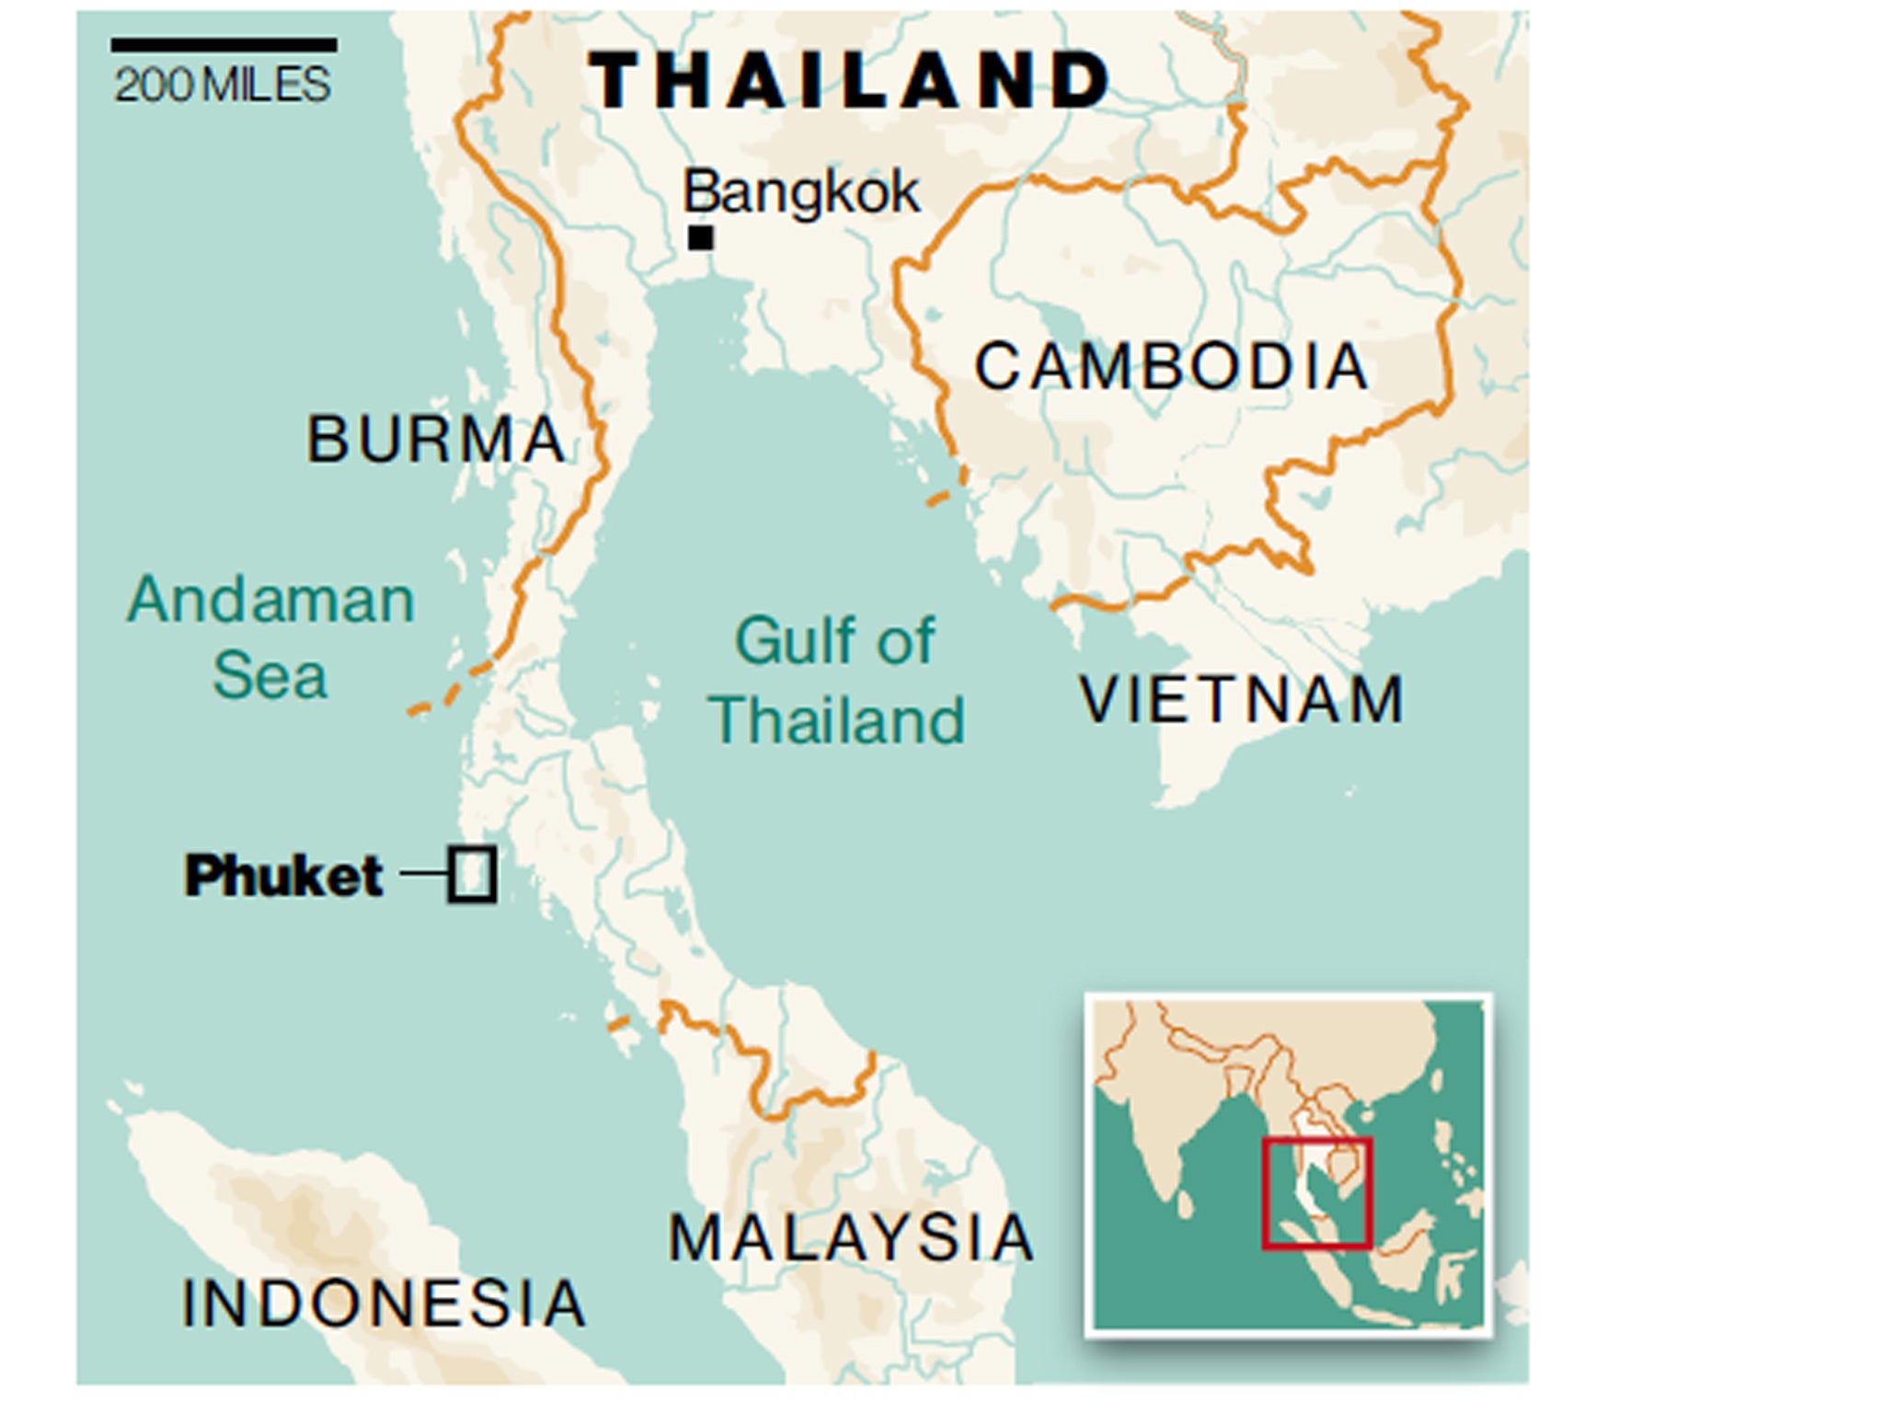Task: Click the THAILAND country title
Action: [x=848, y=80]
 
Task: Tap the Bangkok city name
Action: [x=800, y=193]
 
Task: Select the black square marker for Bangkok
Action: [x=701, y=238]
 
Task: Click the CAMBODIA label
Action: [x=1170, y=366]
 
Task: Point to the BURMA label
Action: [x=435, y=439]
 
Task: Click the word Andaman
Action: [x=270, y=601]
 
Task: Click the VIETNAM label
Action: [x=1242, y=700]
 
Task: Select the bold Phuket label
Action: [x=283, y=875]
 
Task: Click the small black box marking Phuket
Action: [x=473, y=874]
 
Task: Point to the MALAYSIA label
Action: [x=851, y=1238]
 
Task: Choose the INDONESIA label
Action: [x=384, y=1304]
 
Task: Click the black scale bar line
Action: [x=224, y=45]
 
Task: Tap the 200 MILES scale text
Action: [x=222, y=86]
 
